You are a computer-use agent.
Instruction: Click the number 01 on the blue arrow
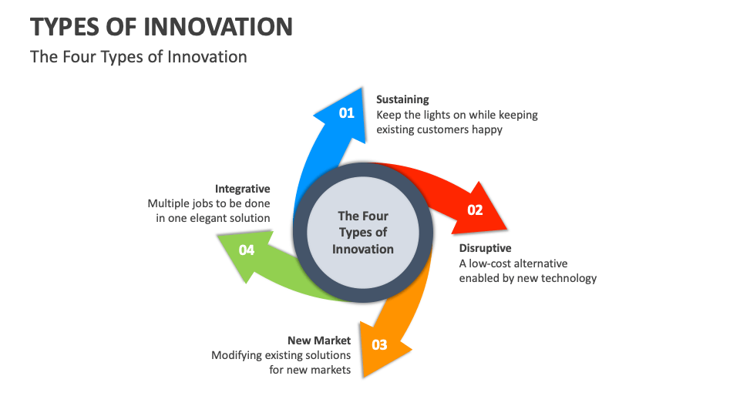coord(347,113)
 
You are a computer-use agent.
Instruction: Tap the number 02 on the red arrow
coord(475,210)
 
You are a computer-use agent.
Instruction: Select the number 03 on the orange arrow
coord(380,344)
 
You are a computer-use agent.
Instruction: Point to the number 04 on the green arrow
coord(247,250)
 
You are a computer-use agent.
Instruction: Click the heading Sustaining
coord(402,99)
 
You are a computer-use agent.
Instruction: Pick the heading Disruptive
coord(486,248)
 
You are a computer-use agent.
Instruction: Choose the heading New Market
coord(319,340)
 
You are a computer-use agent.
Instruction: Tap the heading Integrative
coord(243,189)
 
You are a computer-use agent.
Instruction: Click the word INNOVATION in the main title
coord(218,27)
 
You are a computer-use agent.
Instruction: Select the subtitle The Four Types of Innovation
coord(139,57)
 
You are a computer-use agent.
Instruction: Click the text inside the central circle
coord(363,233)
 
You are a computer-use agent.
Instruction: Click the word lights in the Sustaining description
coord(438,115)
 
